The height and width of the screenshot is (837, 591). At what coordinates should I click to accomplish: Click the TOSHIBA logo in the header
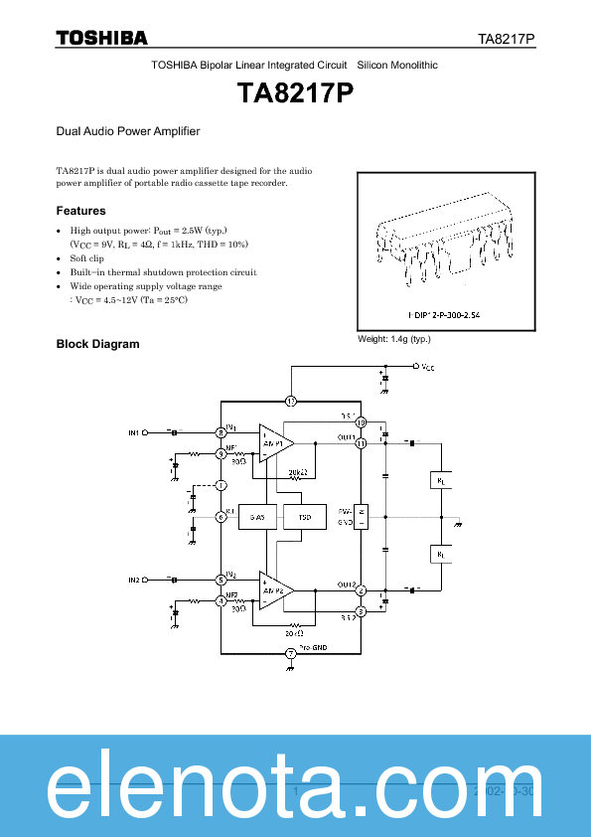[x=101, y=38]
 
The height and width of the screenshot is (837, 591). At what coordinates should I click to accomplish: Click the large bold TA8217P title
[x=295, y=93]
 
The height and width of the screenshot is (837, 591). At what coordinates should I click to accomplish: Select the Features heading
[x=80, y=211]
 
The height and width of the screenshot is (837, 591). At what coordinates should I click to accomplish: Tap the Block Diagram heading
[x=97, y=344]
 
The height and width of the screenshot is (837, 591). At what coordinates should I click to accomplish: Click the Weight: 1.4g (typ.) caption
[x=394, y=339]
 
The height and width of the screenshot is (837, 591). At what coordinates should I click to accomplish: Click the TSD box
[x=304, y=517]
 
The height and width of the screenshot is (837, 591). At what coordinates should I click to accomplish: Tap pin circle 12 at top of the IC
[x=291, y=402]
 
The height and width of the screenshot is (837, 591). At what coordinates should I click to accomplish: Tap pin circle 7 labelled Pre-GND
[x=290, y=653]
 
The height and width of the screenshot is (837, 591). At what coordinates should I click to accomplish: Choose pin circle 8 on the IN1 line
[x=221, y=432]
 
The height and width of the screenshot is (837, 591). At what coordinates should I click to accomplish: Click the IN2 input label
[x=134, y=579]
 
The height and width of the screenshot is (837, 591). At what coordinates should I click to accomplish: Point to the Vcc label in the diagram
[x=427, y=367]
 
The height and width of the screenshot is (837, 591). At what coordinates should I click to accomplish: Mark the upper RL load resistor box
[x=441, y=479]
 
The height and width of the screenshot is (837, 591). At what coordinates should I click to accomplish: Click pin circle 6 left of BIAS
[x=221, y=517]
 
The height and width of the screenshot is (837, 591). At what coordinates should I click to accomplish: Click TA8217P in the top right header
[x=507, y=39]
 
